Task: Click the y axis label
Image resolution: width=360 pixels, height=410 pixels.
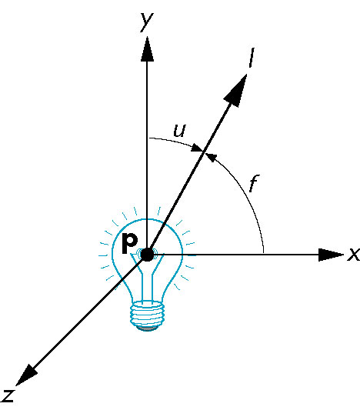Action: tap(147, 22)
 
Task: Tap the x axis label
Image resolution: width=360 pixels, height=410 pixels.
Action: tap(354, 254)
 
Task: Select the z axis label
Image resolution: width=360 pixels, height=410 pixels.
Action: tap(8, 395)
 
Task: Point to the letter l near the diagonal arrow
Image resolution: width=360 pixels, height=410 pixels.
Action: tap(252, 58)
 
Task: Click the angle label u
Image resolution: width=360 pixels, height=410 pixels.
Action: tap(180, 131)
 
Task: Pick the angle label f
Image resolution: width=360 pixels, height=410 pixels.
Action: tap(254, 183)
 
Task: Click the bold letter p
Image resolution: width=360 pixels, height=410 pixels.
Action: tap(130, 243)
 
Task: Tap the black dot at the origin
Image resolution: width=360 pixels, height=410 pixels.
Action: tap(147, 255)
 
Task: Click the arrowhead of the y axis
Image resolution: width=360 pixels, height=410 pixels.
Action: tap(147, 49)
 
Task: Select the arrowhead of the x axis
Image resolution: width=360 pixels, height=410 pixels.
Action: tap(331, 255)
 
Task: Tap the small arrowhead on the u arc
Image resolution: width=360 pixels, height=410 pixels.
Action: tap(197, 148)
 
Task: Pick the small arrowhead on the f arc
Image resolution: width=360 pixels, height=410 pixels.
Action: tap(212, 158)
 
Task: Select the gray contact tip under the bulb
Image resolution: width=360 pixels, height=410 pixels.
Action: tap(148, 328)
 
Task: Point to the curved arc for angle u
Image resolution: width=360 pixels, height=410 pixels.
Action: tap(175, 141)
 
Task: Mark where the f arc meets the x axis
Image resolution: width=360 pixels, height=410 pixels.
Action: tap(263, 254)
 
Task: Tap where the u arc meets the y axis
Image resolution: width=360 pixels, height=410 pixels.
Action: tap(148, 138)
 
